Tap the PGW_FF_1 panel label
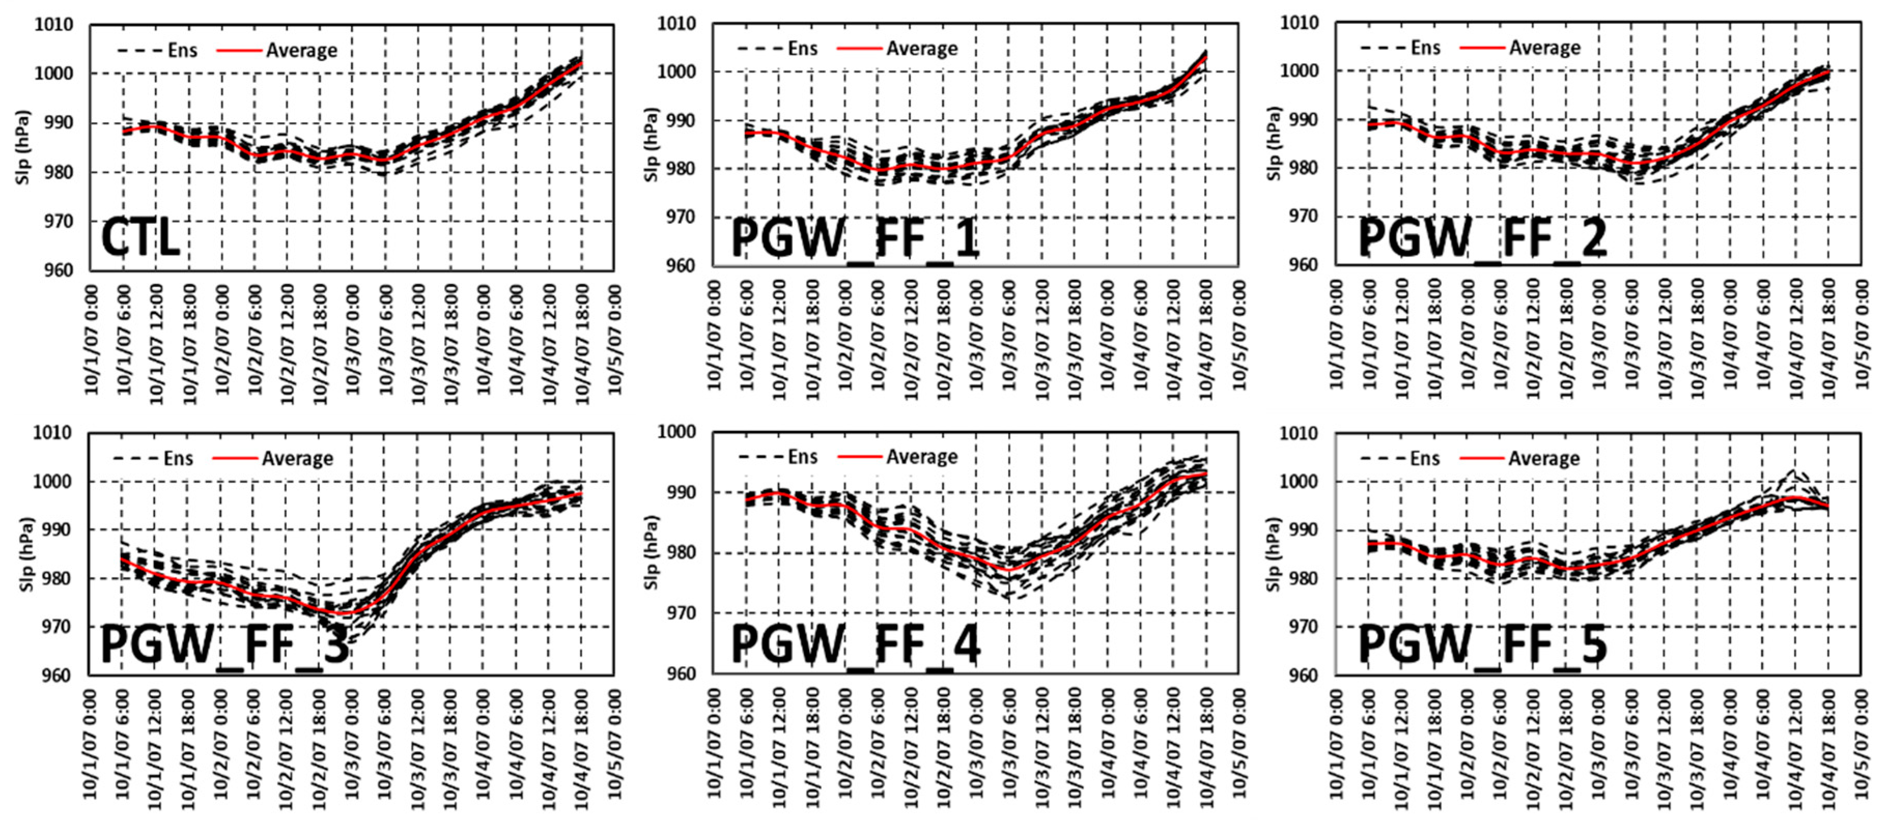(855, 238)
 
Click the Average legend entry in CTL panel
(301, 50)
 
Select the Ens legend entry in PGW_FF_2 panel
(1425, 48)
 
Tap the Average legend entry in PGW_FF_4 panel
(921, 457)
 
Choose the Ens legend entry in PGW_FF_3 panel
(178, 458)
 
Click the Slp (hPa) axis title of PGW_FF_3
(27, 555)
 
